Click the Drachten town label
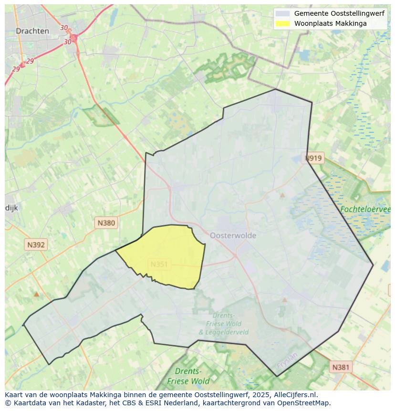point(32,31)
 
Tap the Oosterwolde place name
point(233,235)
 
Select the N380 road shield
point(106,222)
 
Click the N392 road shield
point(36,245)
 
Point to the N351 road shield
point(159,264)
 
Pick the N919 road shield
point(314,158)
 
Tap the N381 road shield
point(341,367)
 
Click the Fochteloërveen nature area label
point(365,209)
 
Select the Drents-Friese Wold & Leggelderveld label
point(223,324)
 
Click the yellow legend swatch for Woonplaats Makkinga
point(282,23)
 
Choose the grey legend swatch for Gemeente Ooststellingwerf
point(282,13)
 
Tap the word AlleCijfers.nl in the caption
point(295,395)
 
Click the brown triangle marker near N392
point(36,294)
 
